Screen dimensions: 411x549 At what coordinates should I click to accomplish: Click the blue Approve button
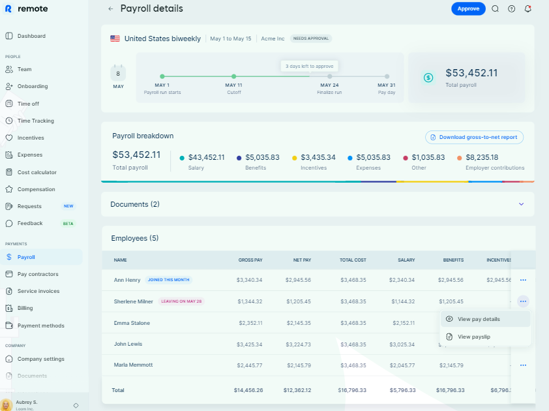point(468,8)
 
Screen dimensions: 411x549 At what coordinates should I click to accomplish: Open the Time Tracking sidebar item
point(35,121)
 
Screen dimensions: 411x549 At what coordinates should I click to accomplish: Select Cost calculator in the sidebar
point(37,172)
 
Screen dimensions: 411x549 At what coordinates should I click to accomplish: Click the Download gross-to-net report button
point(474,137)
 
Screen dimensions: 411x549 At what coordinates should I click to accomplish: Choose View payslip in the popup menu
point(474,337)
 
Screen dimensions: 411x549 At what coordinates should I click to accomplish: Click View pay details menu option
point(479,319)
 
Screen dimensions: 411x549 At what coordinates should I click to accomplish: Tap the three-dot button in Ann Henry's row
point(523,280)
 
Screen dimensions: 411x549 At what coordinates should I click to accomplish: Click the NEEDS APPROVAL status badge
point(311,38)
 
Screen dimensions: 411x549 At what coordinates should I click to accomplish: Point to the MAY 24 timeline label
point(329,85)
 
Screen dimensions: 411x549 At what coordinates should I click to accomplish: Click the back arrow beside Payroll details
point(111,9)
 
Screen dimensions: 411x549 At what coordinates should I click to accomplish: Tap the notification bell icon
point(527,8)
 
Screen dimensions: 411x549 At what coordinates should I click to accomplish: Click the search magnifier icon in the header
point(495,8)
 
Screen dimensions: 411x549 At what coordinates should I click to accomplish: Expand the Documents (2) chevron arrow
point(521,204)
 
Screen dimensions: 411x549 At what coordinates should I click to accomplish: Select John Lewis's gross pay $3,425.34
point(250,344)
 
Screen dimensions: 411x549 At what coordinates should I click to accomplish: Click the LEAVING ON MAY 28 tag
point(182,301)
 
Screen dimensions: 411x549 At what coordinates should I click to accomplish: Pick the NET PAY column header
point(302,260)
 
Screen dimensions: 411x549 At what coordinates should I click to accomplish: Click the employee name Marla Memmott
point(133,365)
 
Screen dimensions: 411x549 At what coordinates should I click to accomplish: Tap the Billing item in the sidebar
point(25,308)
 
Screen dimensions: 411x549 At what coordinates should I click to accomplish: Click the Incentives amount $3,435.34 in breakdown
point(318,157)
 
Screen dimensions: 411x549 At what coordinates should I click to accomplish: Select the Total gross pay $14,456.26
point(248,390)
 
